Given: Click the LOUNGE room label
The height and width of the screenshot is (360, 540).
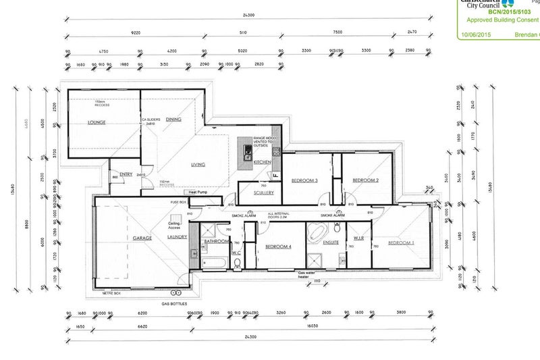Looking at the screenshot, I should (99, 123).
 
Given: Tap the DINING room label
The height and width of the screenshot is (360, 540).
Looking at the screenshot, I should (173, 120).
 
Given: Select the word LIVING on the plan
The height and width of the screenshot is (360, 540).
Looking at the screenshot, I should (198, 164).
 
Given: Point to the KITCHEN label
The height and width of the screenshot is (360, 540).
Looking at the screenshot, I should (262, 163).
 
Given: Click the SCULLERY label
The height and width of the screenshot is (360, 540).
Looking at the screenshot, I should (263, 193).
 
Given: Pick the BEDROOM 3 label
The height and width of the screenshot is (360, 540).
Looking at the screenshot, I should (304, 180).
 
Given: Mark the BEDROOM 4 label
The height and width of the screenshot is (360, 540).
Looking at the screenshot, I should (277, 247).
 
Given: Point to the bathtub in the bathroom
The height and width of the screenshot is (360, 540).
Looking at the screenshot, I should (213, 259).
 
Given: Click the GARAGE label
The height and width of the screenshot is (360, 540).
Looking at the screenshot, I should (142, 238).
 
